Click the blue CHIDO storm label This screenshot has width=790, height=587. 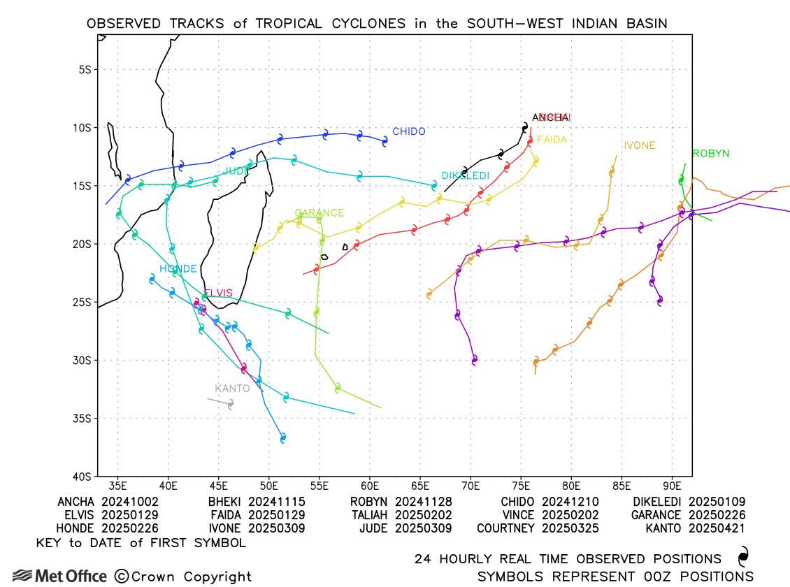point(409,131)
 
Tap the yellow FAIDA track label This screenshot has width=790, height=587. point(552,140)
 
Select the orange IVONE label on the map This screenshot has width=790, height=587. point(639,145)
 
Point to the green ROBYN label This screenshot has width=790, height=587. point(710,153)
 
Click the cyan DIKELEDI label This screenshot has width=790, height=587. point(465,175)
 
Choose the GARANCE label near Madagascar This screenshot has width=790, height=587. point(319,213)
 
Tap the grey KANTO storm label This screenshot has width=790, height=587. point(232,389)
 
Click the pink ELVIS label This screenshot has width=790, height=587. point(217,293)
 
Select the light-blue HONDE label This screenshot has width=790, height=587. point(178,269)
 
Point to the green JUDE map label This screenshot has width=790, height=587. point(236,171)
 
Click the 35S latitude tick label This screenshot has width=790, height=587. point(82,419)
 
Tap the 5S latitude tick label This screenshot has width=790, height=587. point(85,70)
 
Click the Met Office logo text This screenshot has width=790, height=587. point(70,577)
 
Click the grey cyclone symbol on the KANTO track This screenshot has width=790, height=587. point(231,403)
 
